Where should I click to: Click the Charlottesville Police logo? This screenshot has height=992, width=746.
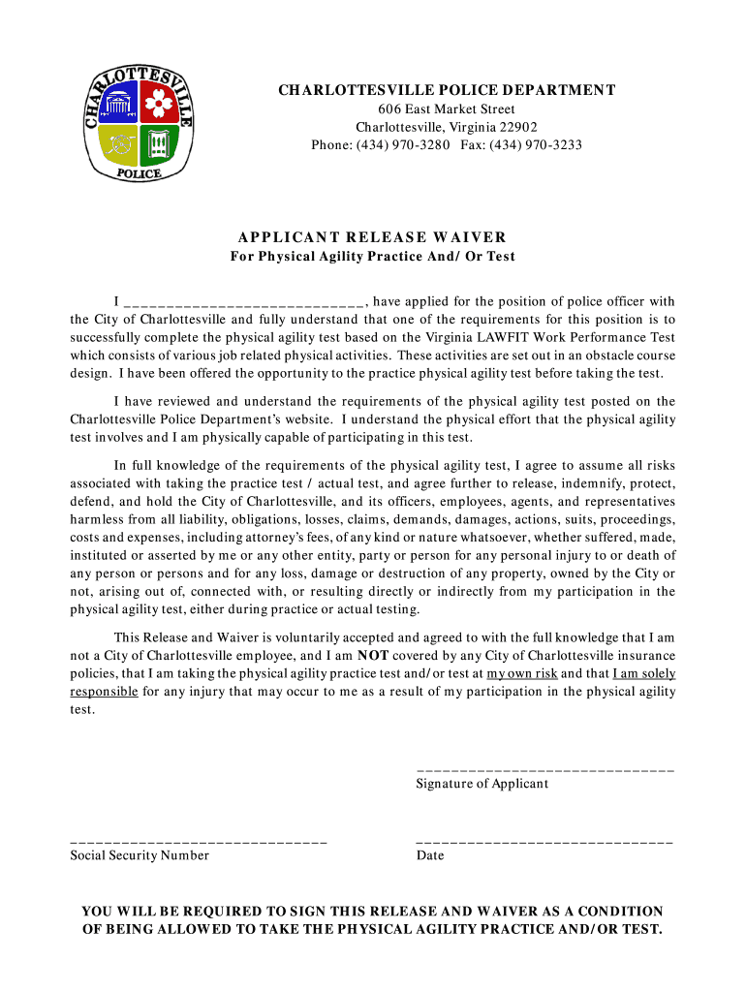(139, 123)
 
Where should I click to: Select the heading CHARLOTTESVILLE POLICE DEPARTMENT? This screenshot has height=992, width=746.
(447, 91)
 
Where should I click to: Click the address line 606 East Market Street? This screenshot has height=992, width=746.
(447, 109)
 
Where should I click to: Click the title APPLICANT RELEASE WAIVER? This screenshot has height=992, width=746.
(372, 237)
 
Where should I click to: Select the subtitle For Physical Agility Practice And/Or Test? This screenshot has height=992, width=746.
(372, 257)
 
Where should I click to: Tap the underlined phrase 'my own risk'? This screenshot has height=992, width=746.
(522, 673)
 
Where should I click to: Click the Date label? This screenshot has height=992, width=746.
(430, 855)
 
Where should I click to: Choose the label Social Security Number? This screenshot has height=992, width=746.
(140, 855)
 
